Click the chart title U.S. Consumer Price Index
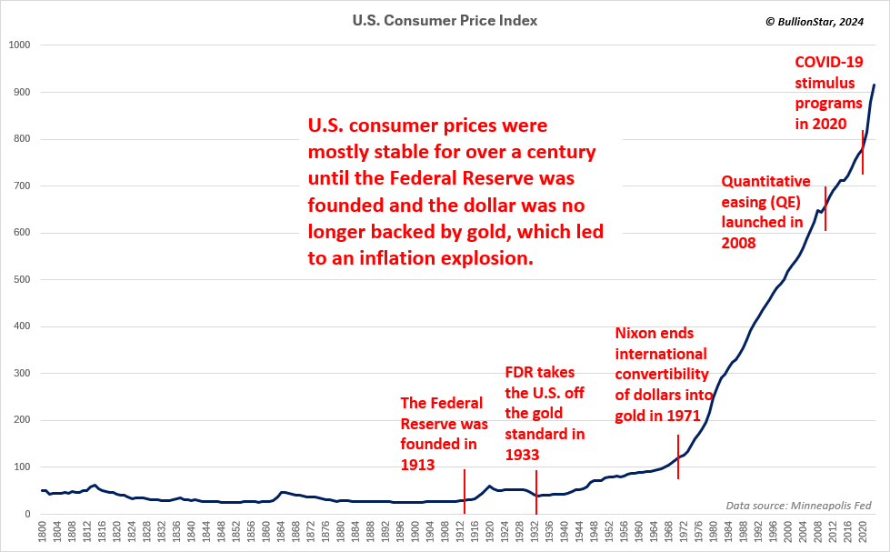click(445, 19)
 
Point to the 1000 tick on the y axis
click(19, 45)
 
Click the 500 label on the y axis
click(22, 280)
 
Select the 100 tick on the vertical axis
click(22, 467)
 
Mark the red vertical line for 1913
click(465, 491)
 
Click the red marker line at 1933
click(535, 491)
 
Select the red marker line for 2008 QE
click(825, 208)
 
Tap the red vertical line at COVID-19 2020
click(863, 152)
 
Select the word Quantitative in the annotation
click(766, 181)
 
